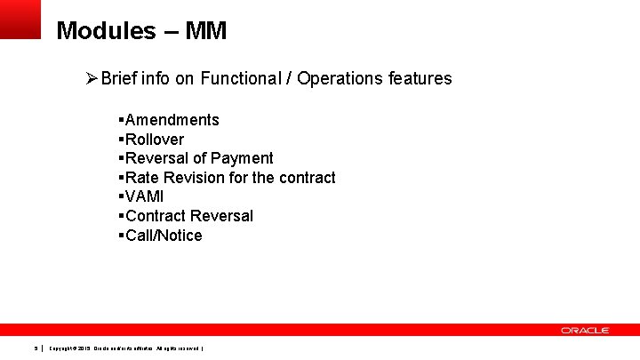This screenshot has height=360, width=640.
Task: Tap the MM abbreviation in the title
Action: point(207,32)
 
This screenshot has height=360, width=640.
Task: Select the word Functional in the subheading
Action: point(238,78)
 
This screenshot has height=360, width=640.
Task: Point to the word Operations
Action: point(340,78)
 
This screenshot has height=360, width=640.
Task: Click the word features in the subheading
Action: point(420,78)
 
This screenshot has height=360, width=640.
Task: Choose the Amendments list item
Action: point(172,120)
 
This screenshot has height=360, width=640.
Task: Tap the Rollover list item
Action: point(155,140)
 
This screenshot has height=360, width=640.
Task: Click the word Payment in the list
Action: point(242,158)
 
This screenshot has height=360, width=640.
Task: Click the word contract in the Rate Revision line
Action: point(307,178)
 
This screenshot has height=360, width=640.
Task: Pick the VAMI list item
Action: point(145,196)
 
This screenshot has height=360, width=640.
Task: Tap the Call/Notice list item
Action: point(164,236)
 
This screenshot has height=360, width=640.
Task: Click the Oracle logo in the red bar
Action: point(585,330)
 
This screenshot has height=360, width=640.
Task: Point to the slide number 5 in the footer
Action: point(36,348)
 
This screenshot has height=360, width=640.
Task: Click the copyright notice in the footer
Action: point(126,348)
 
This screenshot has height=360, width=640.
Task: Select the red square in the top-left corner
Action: point(20,18)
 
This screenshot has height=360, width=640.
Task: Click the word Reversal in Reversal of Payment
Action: point(157,158)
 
